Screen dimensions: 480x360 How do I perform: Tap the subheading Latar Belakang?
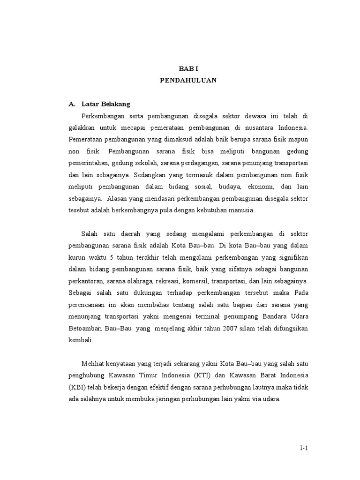(106, 104)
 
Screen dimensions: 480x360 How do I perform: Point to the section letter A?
(72, 104)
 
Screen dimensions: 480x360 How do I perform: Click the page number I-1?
(304, 448)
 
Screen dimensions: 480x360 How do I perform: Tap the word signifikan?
(291, 258)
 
